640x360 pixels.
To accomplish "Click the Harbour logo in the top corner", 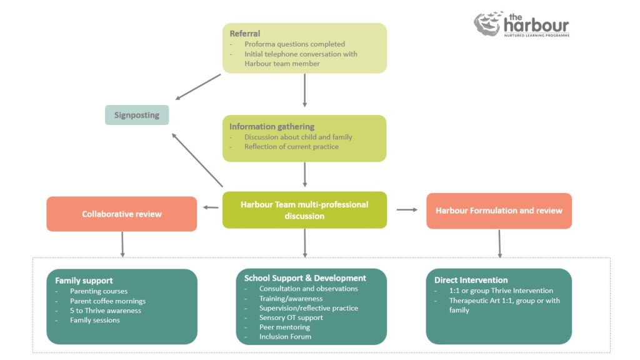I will point(521,25).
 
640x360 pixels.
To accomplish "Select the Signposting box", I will point(137,115).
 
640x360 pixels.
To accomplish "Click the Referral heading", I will point(245,34).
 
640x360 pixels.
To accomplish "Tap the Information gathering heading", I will point(271,126).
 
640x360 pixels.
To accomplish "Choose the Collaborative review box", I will point(122,214).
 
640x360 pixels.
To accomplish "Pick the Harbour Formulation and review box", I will point(499,211).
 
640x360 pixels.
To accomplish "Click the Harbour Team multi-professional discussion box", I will point(304,210).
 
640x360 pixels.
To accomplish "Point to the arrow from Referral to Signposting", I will point(199,87).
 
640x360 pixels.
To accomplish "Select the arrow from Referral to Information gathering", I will point(304,90).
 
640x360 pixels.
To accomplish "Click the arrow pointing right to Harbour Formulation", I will point(407,210).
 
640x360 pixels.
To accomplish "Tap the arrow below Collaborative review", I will point(122,244).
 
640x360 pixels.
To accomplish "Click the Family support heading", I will point(84,281).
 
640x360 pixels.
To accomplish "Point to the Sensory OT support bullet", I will point(292,317).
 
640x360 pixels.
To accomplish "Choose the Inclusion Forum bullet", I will point(285,337).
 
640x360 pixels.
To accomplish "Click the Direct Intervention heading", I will point(471,280).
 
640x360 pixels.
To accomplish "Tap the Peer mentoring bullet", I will point(284,327).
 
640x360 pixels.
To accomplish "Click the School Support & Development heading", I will point(305,278).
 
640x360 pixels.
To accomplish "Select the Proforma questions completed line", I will point(294,44).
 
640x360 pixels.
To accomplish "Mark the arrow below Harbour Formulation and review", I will point(499,244).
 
